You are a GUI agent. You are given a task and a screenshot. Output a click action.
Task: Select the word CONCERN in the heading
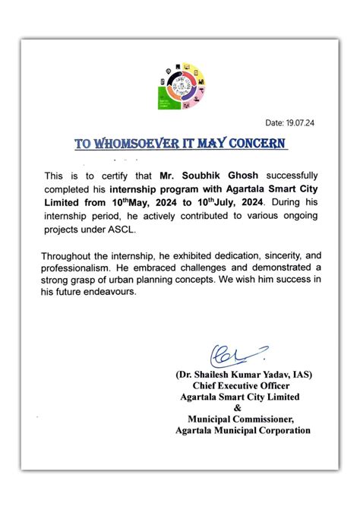256,143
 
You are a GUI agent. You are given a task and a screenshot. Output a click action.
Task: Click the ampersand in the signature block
241,407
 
